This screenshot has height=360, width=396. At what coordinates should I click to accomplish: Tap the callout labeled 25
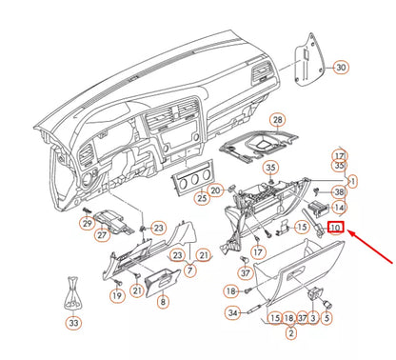coord(202,198)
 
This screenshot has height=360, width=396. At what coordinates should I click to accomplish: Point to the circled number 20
coord(216,190)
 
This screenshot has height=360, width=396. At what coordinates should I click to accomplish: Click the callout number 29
coord(87,224)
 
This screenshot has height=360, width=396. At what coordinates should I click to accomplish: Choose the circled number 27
coord(101,235)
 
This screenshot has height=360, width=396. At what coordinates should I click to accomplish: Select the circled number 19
coord(117,295)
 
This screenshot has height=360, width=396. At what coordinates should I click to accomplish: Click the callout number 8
coord(162,302)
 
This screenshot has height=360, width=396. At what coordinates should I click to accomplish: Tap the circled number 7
coord(190,271)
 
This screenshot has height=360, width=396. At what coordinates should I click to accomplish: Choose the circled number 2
coord(291,332)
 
